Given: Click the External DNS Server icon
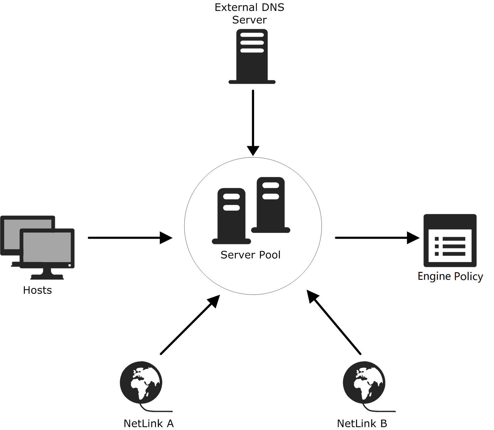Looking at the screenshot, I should (x=252, y=56).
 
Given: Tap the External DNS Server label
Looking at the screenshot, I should (x=249, y=13).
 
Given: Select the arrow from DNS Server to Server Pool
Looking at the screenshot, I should (x=253, y=122).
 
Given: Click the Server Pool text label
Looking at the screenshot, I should (x=250, y=255).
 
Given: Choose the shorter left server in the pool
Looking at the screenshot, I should (x=231, y=216).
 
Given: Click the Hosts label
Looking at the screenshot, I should (x=37, y=290).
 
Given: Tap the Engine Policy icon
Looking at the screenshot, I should (x=450, y=241).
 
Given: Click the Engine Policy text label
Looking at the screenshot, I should (x=450, y=276).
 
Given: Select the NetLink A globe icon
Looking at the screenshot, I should (x=141, y=382).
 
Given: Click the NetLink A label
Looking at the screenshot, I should (x=149, y=423).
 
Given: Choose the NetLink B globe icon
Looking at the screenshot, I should (x=364, y=382).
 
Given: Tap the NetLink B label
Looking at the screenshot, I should (x=362, y=423).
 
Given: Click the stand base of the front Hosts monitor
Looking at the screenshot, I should (x=47, y=277).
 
